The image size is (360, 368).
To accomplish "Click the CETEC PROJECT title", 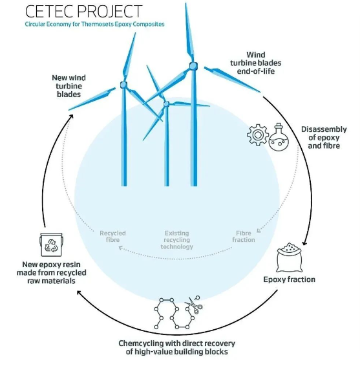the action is point(83,11).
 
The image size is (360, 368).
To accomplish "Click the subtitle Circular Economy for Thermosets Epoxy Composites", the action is point(95,24).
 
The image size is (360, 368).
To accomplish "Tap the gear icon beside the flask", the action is point(258,135).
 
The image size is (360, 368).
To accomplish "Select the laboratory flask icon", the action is point(279,137).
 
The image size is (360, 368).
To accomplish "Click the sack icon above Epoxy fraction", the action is point(290,257).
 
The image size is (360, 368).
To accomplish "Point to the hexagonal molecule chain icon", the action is point(174,314).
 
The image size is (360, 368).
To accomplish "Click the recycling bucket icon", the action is point(51,244).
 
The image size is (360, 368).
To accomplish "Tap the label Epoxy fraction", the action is point(289,279).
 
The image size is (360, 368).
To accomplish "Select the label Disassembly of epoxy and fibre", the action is point(324,138).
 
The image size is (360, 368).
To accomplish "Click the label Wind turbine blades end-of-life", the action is point(256,63).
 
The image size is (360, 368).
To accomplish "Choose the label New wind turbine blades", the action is point(69,86).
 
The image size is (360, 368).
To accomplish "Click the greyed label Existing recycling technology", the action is point(177,240).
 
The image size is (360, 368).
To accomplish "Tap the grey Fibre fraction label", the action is point(244,237).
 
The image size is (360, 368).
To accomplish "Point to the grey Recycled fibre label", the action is point(113,237).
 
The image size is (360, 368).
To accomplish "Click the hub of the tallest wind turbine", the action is point(193,66).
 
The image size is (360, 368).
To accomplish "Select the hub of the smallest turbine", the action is point(166,104).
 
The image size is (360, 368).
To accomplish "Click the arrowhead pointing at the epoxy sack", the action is point(304,243).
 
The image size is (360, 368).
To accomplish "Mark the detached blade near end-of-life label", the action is point(232,80).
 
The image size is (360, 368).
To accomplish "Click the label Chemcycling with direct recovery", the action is point(177,343).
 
